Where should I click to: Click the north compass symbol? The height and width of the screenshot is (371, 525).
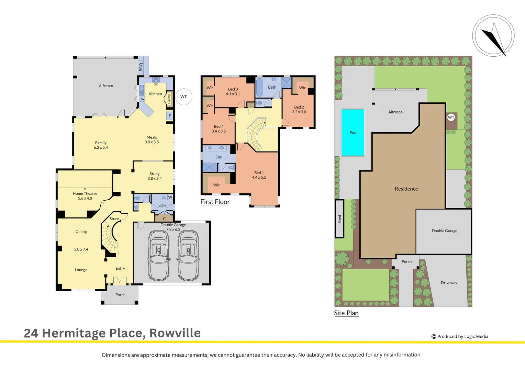(493, 36)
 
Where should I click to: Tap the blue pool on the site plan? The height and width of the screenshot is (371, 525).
(353, 133)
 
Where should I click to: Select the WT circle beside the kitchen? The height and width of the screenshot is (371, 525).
(184, 97)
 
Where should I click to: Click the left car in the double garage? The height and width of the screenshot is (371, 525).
(158, 256)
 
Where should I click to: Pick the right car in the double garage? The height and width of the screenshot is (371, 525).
(188, 256)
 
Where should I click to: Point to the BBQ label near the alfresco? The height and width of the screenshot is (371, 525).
(141, 67)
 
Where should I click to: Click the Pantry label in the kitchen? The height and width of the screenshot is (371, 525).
(169, 99)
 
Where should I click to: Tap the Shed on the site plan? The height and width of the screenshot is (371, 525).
(339, 219)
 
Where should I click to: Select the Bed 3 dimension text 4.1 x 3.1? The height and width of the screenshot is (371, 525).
(233, 94)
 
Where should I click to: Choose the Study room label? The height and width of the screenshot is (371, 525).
(155, 174)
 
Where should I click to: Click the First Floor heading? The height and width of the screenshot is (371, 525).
(215, 202)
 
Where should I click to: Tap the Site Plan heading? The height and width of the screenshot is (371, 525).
(346, 313)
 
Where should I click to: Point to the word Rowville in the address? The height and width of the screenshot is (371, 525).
(175, 333)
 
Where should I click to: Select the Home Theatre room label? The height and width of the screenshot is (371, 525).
(85, 193)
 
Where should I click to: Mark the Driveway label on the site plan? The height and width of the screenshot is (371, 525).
(449, 283)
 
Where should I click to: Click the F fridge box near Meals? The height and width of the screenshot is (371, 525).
(170, 116)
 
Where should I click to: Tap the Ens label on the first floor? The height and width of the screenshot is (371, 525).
(219, 157)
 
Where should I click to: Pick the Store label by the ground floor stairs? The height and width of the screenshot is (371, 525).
(114, 218)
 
